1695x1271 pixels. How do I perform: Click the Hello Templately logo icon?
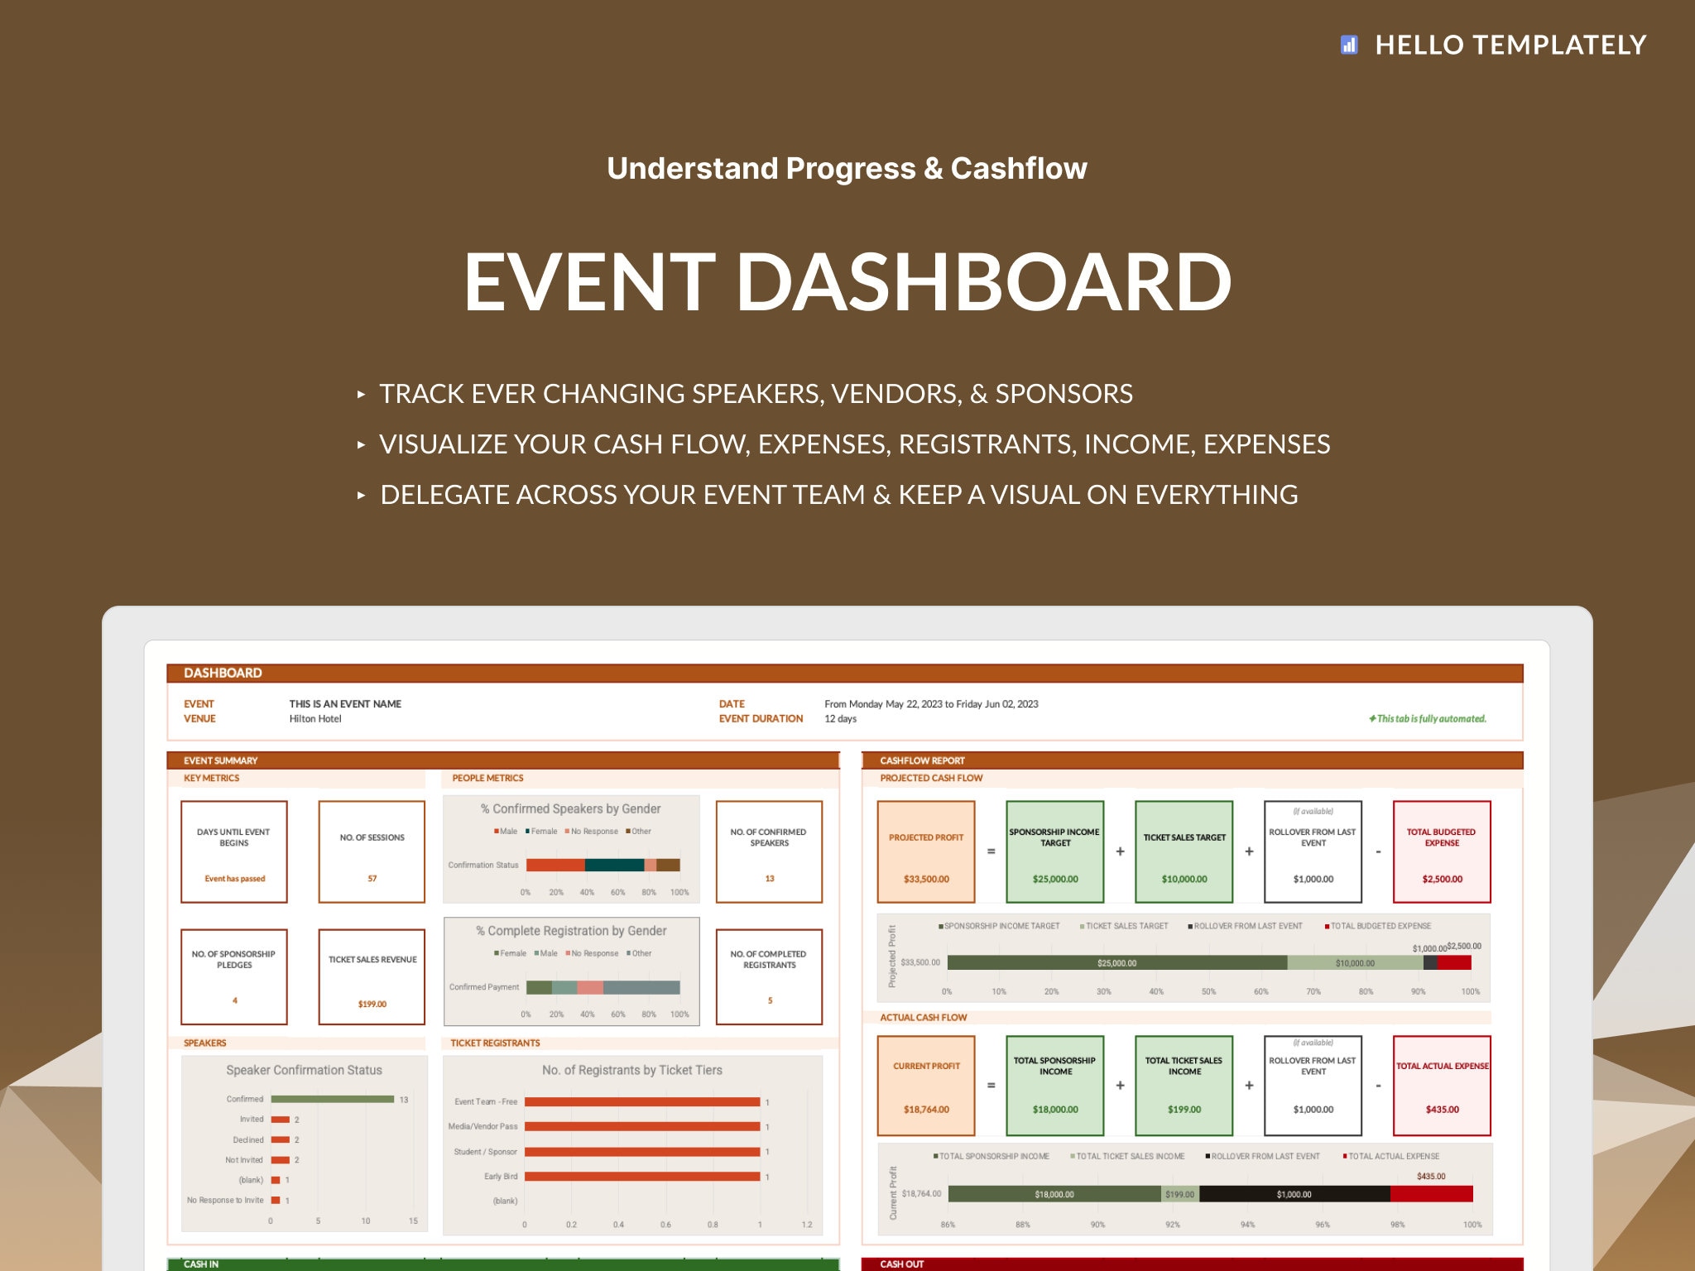point(1349,45)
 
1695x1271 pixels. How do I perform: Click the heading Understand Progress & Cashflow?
point(847,168)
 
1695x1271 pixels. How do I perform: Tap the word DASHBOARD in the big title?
point(983,282)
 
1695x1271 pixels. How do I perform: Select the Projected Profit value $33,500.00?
point(926,879)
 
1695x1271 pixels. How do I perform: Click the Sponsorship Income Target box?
point(1054,851)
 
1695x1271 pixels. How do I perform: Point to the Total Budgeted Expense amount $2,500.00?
point(1442,879)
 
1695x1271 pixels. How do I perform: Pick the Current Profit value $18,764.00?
point(926,1109)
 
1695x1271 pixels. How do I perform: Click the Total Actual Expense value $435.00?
point(1442,1109)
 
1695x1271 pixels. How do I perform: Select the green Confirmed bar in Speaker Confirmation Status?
point(332,1099)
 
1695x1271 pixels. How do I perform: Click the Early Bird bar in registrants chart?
point(641,1176)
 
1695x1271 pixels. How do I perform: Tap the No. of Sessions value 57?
point(372,878)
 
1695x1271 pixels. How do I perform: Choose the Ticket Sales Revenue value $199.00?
point(372,1004)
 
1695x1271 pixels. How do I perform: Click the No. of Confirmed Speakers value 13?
point(769,878)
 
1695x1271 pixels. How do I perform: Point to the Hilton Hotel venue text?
point(315,718)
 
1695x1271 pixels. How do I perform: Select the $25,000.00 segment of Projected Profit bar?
point(1116,962)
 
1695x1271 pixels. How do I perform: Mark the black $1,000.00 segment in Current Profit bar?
point(1294,1194)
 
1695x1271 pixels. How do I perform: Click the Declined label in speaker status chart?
point(247,1139)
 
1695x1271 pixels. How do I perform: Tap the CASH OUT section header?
point(901,1264)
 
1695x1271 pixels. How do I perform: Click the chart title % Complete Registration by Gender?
point(571,930)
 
